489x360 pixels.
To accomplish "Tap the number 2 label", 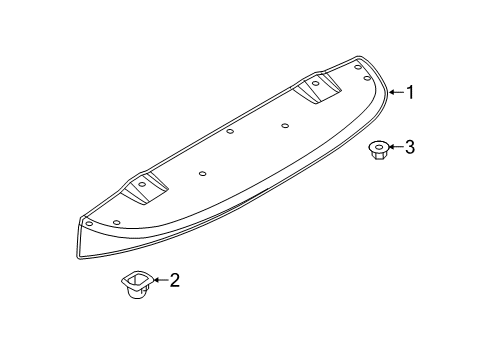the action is point(175,281).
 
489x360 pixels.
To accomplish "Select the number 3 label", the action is point(408,147).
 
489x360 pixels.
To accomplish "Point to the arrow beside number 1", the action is point(394,92).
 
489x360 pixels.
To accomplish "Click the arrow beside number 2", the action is point(159,281).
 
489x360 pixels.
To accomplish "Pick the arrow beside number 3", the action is point(395,147).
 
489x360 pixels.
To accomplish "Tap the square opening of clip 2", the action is point(134,277).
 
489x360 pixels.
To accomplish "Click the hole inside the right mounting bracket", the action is point(316,85).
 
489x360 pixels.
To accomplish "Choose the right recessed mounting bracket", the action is point(316,88).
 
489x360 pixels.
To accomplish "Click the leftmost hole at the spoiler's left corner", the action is point(117,222).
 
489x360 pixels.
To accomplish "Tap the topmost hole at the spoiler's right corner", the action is point(361,66).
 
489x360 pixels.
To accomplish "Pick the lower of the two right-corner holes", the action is point(368,77).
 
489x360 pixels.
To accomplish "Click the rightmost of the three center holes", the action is point(285,125).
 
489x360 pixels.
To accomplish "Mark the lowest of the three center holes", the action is point(202,173).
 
